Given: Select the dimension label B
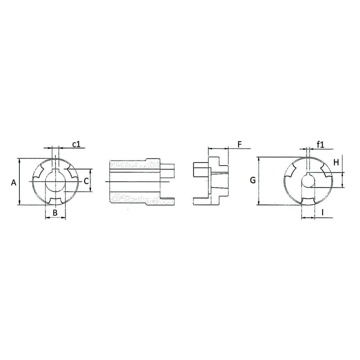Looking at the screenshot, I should pos(55,212).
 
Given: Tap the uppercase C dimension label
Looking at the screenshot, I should pos(85,181).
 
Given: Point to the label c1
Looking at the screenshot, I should pos(76,144).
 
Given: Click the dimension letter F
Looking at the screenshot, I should pos(239,144).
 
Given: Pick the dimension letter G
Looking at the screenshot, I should pos(253,180).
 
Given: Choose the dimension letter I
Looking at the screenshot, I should pos(323,212).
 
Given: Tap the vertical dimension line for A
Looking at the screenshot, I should pos(20,181).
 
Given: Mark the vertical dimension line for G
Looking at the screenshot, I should pos(259,181).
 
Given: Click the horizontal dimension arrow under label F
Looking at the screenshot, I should pos(218,148).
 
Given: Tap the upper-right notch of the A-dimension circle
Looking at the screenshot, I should pos(70,171).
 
